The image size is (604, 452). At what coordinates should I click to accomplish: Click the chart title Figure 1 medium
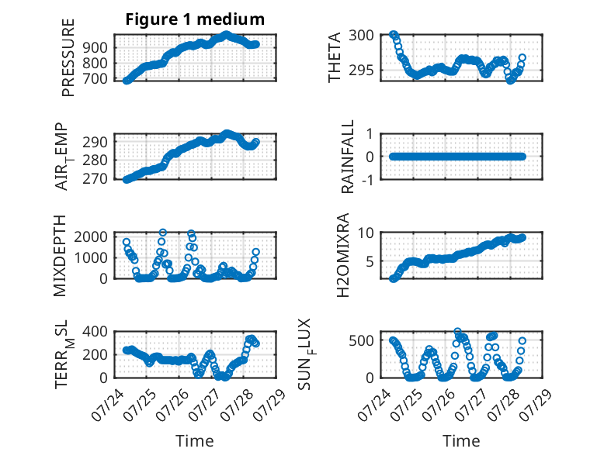(195, 19)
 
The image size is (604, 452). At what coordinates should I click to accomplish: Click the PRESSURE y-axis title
(68, 57)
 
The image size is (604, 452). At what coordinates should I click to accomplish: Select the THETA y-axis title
(335, 57)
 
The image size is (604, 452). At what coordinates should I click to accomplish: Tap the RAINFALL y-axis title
(348, 157)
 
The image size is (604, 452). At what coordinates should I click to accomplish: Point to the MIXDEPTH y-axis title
(60, 256)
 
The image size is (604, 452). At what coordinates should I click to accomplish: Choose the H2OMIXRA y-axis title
(342, 255)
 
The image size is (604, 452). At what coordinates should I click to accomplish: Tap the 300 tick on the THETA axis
(361, 35)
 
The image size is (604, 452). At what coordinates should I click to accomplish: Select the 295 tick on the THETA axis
(361, 70)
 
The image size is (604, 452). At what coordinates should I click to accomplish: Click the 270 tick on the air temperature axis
(95, 179)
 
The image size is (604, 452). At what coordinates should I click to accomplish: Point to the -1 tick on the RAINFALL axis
(368, 179)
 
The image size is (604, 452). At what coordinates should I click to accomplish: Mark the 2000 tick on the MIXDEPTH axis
(91, 236)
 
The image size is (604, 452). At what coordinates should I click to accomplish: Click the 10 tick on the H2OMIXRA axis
(366, 233)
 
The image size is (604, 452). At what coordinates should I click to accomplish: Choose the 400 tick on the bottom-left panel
(95, 331)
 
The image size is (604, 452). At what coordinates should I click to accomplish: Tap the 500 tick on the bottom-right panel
(361, 340)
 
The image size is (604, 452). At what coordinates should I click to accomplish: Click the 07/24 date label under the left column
(107, 405)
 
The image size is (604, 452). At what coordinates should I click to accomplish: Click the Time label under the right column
(461, 440)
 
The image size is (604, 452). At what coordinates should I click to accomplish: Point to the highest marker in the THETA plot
(393, 35)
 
